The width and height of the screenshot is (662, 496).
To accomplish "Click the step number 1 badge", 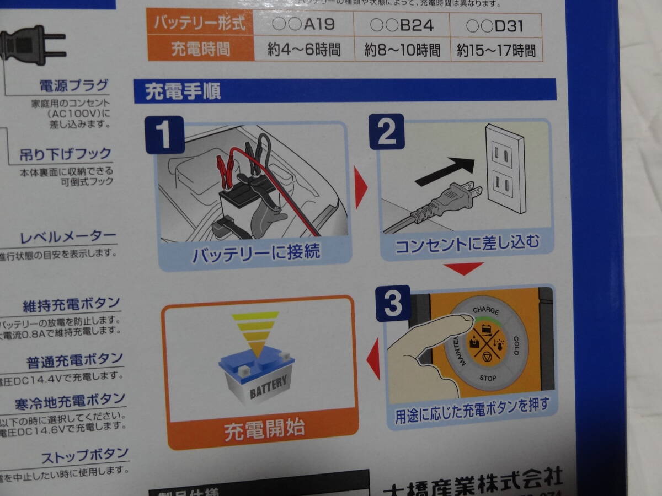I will [164, 134].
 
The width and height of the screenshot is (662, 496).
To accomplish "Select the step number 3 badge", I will [393, 304].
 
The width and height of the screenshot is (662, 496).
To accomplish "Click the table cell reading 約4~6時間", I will [304, 50].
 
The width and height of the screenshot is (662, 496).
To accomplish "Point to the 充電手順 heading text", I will [183, 91].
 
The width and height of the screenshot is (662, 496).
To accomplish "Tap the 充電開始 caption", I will [264, 430].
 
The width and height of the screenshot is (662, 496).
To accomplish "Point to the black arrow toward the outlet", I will [444, 171].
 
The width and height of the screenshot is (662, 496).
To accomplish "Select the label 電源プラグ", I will [74, 86].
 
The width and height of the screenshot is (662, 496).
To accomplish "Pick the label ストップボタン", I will [85, 456].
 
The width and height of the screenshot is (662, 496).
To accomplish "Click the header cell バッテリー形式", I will [200, 25].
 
